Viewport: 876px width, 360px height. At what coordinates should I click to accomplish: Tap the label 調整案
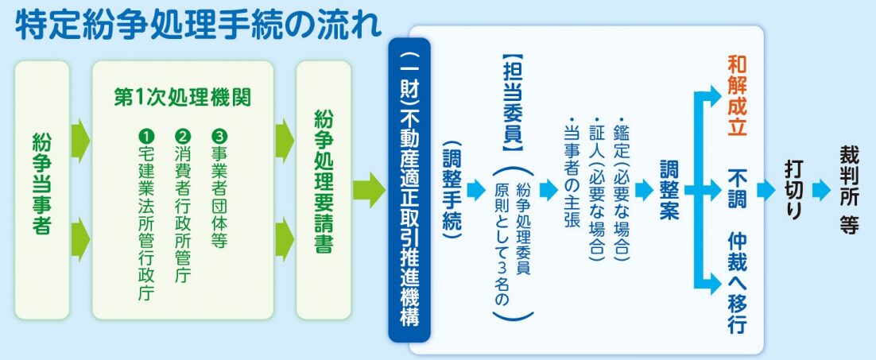coord(670,191)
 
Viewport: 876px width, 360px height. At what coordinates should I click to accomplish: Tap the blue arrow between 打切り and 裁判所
coord(821,190)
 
